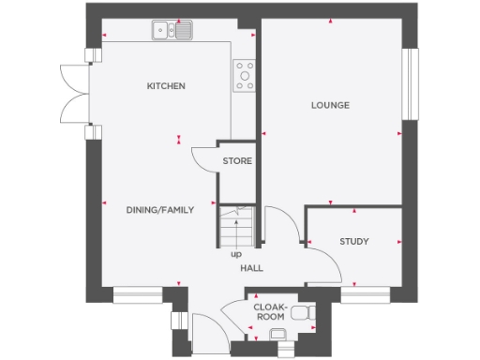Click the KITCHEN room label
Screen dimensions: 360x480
[166, 86]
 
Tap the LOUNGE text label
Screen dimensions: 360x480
[330, 105]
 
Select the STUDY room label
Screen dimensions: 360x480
[353, 242]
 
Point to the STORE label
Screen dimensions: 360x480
[237, 161]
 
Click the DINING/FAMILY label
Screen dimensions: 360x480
[160, 210]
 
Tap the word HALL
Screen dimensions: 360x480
[251, 268]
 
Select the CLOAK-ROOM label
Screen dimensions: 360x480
[270, 311]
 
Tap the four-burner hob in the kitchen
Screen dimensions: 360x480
[245, 75]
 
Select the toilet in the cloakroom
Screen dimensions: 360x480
[301, 313]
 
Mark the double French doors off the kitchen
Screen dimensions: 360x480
[76, 94]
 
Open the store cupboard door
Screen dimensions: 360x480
[203, 161]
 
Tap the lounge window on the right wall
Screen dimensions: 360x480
[408, 84]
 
